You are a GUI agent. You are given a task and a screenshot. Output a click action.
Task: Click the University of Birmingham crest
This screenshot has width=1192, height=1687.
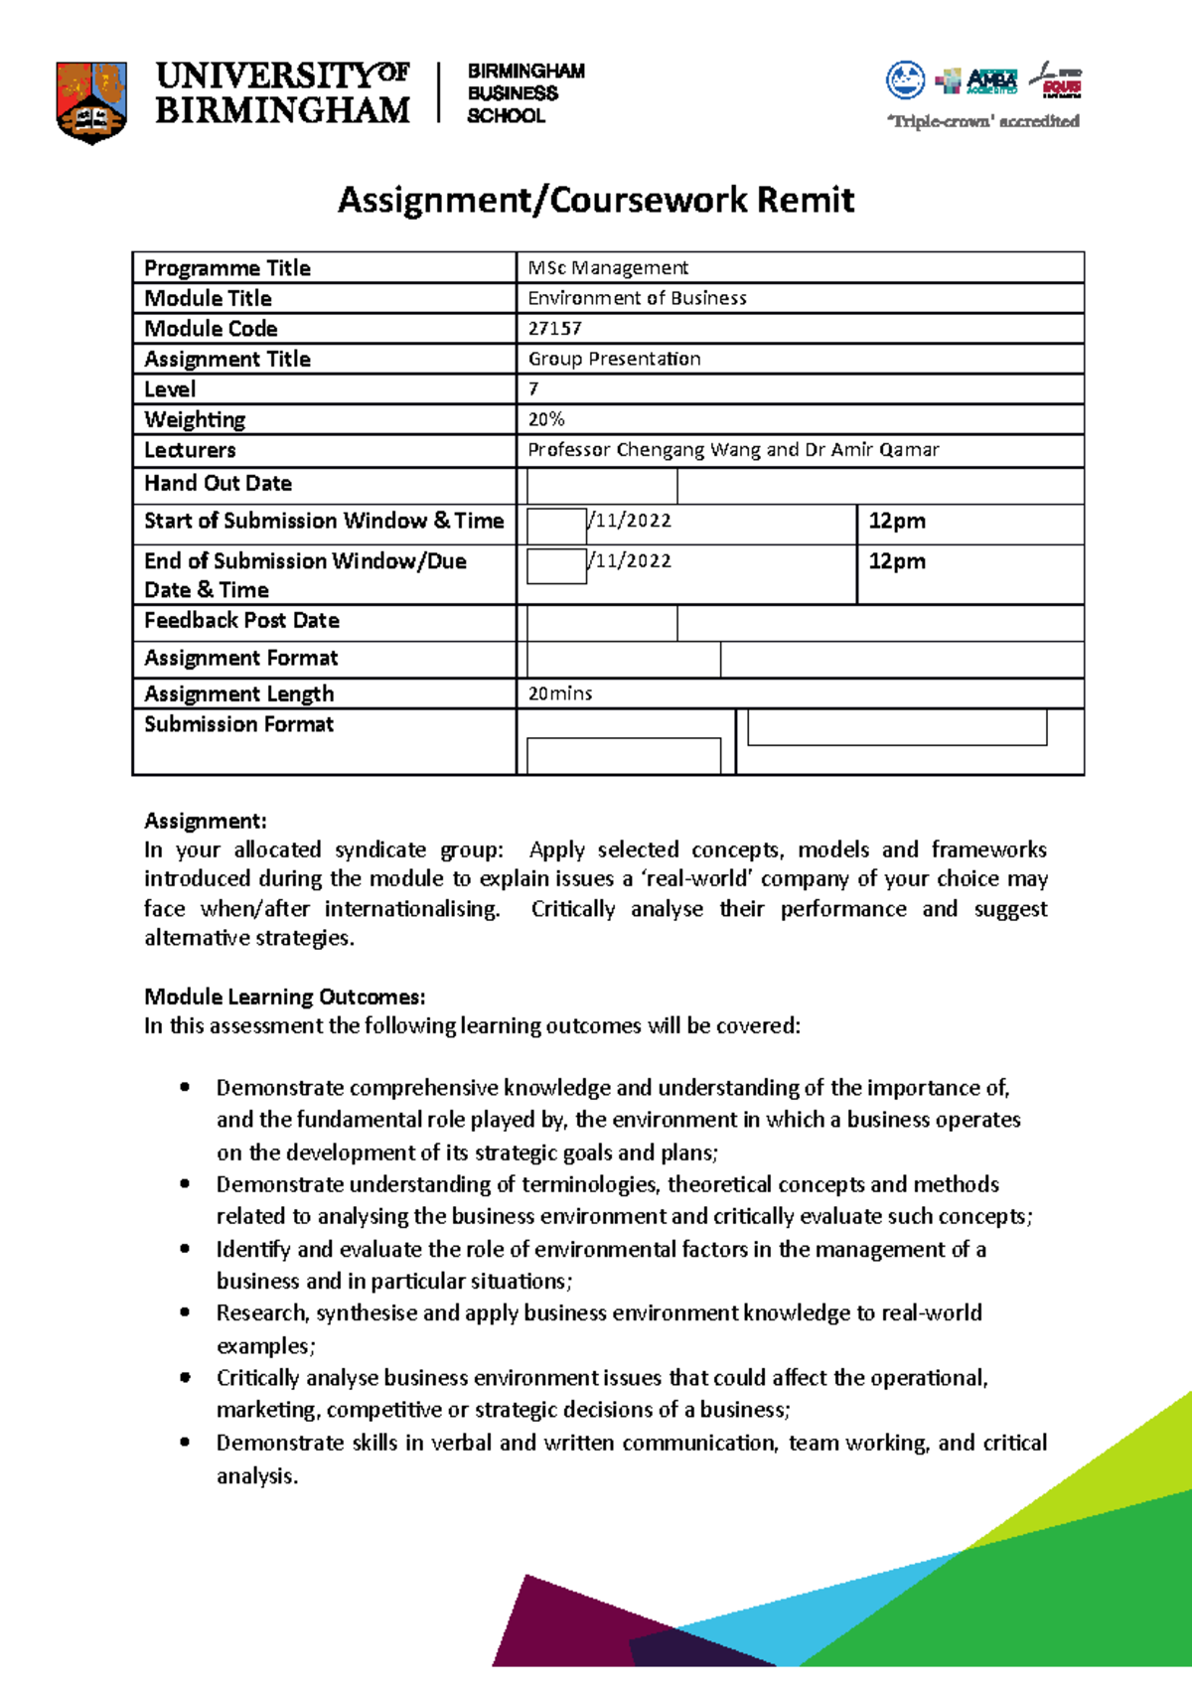(91, 102)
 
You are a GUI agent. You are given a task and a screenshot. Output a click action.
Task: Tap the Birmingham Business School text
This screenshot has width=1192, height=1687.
(524, 93)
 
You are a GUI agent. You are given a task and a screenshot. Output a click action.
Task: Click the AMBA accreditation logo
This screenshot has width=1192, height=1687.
(990, 80)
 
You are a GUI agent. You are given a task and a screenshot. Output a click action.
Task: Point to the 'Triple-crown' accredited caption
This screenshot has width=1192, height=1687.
(982, 121)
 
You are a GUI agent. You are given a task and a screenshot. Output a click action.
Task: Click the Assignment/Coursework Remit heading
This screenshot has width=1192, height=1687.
(596, 200)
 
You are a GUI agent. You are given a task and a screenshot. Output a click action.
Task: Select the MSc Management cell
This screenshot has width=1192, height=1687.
(608, 268)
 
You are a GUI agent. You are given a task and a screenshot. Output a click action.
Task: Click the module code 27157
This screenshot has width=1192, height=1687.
(554, 329)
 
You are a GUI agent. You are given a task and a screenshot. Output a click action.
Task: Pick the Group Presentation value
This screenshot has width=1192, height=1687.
(614, 359)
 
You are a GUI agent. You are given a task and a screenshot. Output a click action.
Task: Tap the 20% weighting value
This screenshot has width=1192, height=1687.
(546, 419)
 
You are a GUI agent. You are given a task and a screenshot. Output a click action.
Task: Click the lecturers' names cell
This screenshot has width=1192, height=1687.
(732, 450)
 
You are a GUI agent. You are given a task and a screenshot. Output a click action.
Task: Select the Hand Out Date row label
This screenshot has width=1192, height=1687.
(218, 484)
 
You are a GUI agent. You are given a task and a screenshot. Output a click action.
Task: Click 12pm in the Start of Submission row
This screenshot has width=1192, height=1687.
(896, 521)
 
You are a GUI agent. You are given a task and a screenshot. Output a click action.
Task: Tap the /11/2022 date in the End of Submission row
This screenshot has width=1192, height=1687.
(631, 561)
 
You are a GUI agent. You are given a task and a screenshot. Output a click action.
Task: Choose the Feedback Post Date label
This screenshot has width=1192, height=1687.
(241, 621)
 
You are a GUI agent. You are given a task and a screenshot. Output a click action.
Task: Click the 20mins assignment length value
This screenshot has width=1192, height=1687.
(559, 693)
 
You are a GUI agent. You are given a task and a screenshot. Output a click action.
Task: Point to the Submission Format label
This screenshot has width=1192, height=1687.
(238, 724)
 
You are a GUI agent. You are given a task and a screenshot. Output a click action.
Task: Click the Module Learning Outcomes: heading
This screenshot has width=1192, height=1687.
(284, 997)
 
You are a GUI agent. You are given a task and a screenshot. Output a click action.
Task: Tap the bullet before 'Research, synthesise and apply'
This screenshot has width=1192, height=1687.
(185, 1312)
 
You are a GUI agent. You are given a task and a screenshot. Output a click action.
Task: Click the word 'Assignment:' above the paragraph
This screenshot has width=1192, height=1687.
(205, 821)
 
